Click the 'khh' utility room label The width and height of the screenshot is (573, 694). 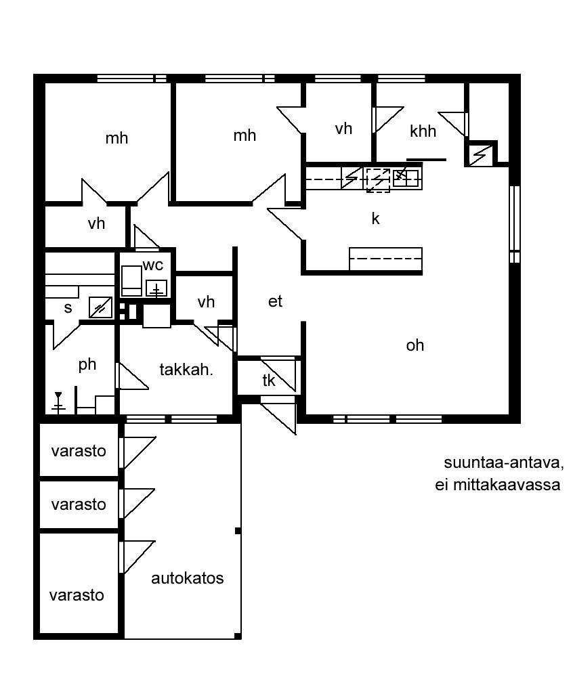tap(423, 131)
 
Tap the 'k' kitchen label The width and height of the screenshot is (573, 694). tap(375, 218)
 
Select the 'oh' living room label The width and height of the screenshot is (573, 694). tap(415, 345)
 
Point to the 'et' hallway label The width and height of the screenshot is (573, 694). tap(275, 301)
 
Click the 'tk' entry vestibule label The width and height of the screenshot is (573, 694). tap(269, 381)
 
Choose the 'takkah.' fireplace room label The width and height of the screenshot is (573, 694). tap(186, 370)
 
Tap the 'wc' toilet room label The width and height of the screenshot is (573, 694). tap(153, 265)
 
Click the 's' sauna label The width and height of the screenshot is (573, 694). tap(68, 307)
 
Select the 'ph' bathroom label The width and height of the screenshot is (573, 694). tap(87, 365)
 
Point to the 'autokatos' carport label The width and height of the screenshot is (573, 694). tap(188, 578)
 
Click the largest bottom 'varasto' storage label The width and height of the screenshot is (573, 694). tap(77, 595)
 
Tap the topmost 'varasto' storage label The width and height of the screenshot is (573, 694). tap(79, 452)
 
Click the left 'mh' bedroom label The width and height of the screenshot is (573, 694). tap(116, 139)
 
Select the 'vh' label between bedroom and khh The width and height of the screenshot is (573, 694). tap(343, 129)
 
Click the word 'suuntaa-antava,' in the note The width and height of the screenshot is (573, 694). tap(504, 463)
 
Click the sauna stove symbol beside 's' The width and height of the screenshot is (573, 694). tap(100, 307)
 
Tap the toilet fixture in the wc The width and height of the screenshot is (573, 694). tap(131, 280)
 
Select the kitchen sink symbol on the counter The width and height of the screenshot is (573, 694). tap(406, 178)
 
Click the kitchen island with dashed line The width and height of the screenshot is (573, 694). tap(385, 259)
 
